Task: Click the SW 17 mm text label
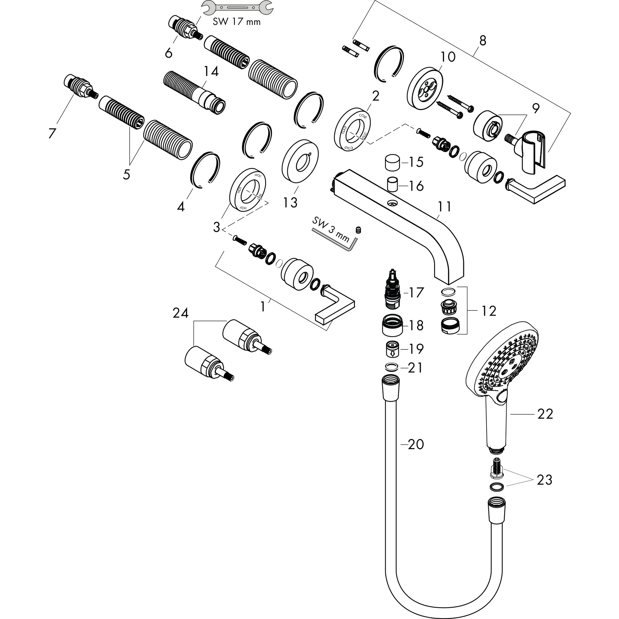pyautogui.click(x=236, y=22)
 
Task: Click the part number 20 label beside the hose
pyautogui.click(x=416, y=444)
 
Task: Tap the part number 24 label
pyautogui.click(x=180, y=313)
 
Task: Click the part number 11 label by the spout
pyautogui.click(x=445, y=207)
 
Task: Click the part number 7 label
pyautogui.click(x=52, y=133)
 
